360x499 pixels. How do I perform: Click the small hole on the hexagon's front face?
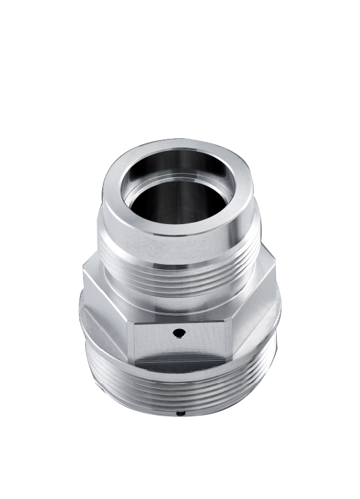tap(178, 332)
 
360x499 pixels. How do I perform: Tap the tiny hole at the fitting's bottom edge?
tap(180, 412)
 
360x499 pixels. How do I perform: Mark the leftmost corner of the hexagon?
tap(84, 271)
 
